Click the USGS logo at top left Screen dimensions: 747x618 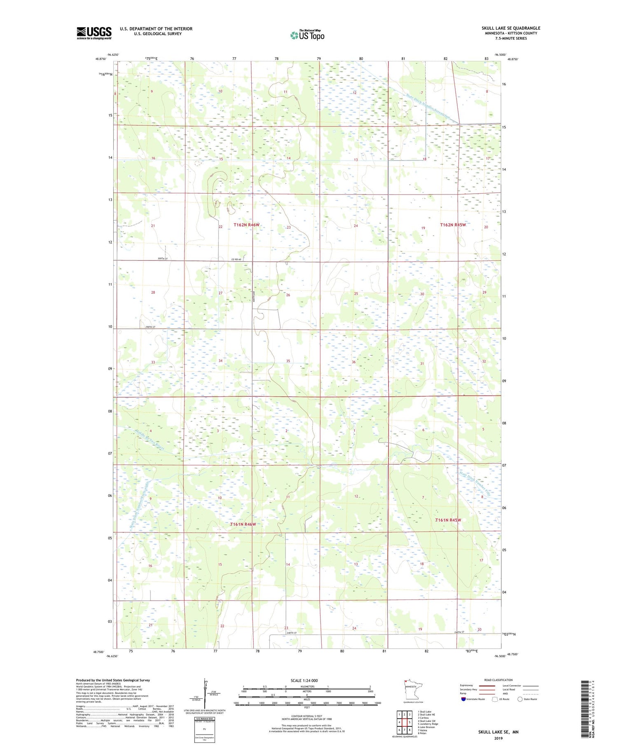click(94, 33)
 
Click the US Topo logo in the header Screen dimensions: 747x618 click(307, 35)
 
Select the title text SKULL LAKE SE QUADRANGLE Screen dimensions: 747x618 click(511, 28)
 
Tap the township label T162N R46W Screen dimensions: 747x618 click(247, 225)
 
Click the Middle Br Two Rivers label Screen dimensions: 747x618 click(149, 438)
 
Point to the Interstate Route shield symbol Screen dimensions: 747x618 click(463, 699)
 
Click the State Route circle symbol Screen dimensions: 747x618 click(520, 699)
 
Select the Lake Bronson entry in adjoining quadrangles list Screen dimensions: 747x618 click(426, 727)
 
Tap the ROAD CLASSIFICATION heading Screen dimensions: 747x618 click(499, 680)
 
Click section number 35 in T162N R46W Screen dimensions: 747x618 click(288, 361)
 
